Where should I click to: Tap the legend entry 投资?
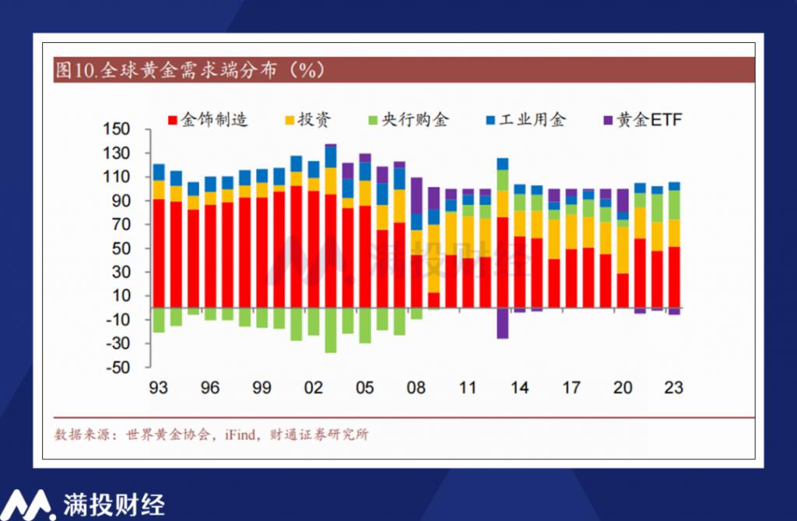click(x=314, y=120)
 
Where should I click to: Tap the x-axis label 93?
click(x=159, y=387)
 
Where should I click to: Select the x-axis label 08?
click(x=417, y=387)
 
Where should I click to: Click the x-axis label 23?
click(x=673, y=387)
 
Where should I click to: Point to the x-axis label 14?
click(x=520, y=387)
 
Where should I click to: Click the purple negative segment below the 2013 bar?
click(x=503, y=323)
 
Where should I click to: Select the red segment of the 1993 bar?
click(x=159, y=253)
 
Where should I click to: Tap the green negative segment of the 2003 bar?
click(x=331, y=330)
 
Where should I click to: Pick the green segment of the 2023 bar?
click(x=673, y=205)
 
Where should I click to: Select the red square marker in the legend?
click(x=173, y=121)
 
